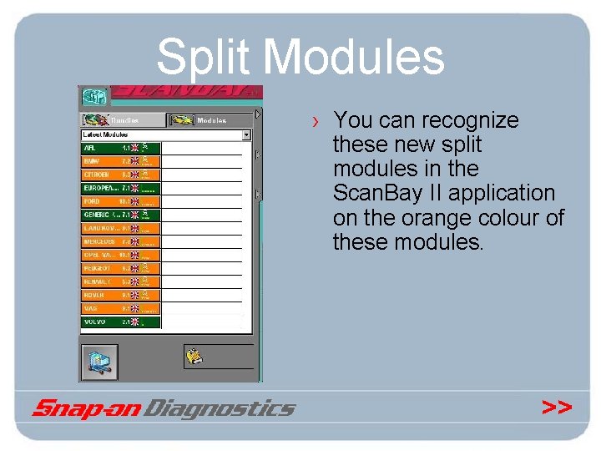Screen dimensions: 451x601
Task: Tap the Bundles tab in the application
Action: click(x=121, y=120)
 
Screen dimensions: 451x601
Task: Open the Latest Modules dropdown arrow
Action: click(x=246, y=134)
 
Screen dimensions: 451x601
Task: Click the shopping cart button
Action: click(x=98, y=360)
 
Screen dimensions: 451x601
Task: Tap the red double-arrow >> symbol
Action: click(x=557, y=407)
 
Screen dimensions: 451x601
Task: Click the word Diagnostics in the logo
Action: click(x=220, y=408)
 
